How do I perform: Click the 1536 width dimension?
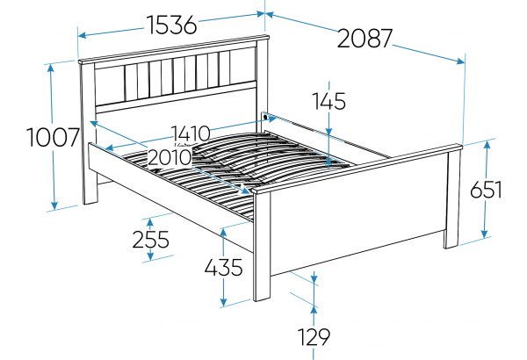(171, 25)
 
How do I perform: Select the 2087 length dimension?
(365, 39)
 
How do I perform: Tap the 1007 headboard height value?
(53, 138)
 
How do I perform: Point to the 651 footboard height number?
(486, 190)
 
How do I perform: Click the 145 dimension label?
(329, 101)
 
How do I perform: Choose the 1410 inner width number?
(191, 133)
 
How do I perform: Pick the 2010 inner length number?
(170, 157)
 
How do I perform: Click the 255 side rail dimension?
(150, 240)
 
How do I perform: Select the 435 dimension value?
(223, 268)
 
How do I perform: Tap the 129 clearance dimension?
(314, 337)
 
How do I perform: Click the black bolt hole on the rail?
(265, 118)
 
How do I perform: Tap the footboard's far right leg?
(451, 200)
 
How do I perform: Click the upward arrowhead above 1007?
(51, 68)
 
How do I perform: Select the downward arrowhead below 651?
(484, 234)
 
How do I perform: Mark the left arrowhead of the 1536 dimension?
(83, 34)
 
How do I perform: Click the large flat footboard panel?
(358, 215)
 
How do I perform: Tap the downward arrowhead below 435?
(223, 301)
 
